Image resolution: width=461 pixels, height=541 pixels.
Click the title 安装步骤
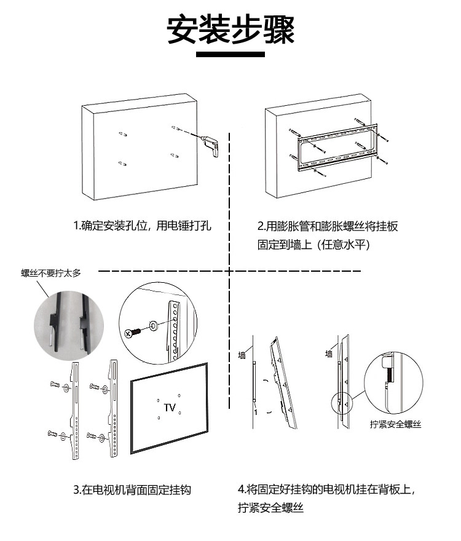[x=230, y=29]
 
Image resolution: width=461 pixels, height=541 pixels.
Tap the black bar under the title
[x=230, y=55]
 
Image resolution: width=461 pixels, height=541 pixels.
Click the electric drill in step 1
[x=212, y=146]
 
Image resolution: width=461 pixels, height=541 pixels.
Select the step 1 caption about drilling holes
[x=142, y=226]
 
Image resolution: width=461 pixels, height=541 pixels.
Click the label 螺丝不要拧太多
[x=51, y=274]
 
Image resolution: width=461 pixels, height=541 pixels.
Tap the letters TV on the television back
[x=170, y=408]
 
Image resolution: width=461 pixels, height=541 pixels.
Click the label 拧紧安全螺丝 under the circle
[x=396, y=424]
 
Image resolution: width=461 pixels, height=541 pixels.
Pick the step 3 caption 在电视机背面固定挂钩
[x=132, y=490]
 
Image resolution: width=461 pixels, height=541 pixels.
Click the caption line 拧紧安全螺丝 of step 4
[x=271, y=508]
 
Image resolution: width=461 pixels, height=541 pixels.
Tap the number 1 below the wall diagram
[x=255, y=411]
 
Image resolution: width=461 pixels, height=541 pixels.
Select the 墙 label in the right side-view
[x=329, y=353]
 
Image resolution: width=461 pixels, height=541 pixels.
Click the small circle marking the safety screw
[x=340, y=404]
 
